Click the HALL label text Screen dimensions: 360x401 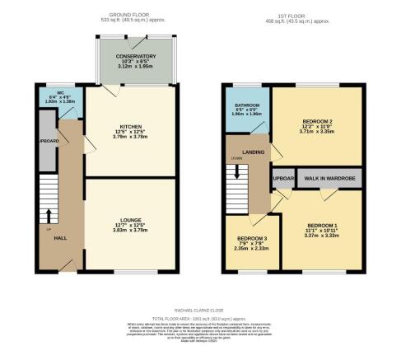[x=60, y=237]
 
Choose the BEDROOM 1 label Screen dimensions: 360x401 [x=322, y=225]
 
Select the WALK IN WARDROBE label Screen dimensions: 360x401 [x=329, y=179]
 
